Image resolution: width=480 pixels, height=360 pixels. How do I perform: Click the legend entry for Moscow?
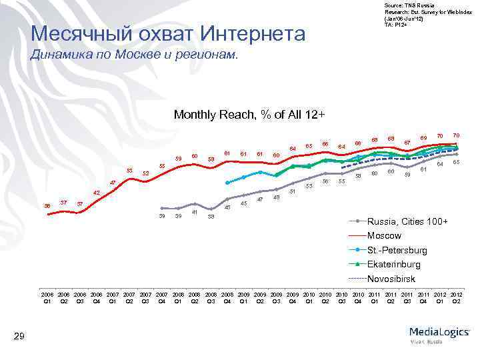point(384,235)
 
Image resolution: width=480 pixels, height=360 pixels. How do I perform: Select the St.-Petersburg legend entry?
point(397,250)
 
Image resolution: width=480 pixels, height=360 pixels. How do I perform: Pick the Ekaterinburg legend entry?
point(394,264)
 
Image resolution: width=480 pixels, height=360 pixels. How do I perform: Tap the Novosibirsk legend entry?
point(393,279)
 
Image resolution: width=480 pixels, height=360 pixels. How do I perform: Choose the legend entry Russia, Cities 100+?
point(407,221)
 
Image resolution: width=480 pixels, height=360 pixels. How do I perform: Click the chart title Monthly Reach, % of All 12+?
point(249,115)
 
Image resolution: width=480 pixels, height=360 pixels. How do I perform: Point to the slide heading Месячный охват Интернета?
point(168,33)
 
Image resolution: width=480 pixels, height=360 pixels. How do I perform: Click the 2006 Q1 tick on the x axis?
point(47,297)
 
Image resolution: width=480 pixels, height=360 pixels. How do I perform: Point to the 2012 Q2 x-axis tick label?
point(457,297)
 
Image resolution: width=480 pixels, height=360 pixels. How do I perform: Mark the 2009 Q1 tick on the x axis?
point(244,297)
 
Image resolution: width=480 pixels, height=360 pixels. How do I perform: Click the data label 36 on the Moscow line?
point(47,205)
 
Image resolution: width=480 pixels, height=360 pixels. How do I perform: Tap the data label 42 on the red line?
point(96,193)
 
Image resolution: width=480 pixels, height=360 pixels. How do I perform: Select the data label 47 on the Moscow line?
point(113,182)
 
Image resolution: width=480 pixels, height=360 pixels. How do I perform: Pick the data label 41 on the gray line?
point(194,212)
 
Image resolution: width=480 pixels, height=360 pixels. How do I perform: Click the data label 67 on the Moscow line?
point(407,141)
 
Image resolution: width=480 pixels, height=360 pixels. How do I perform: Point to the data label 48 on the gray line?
point(276,197)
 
